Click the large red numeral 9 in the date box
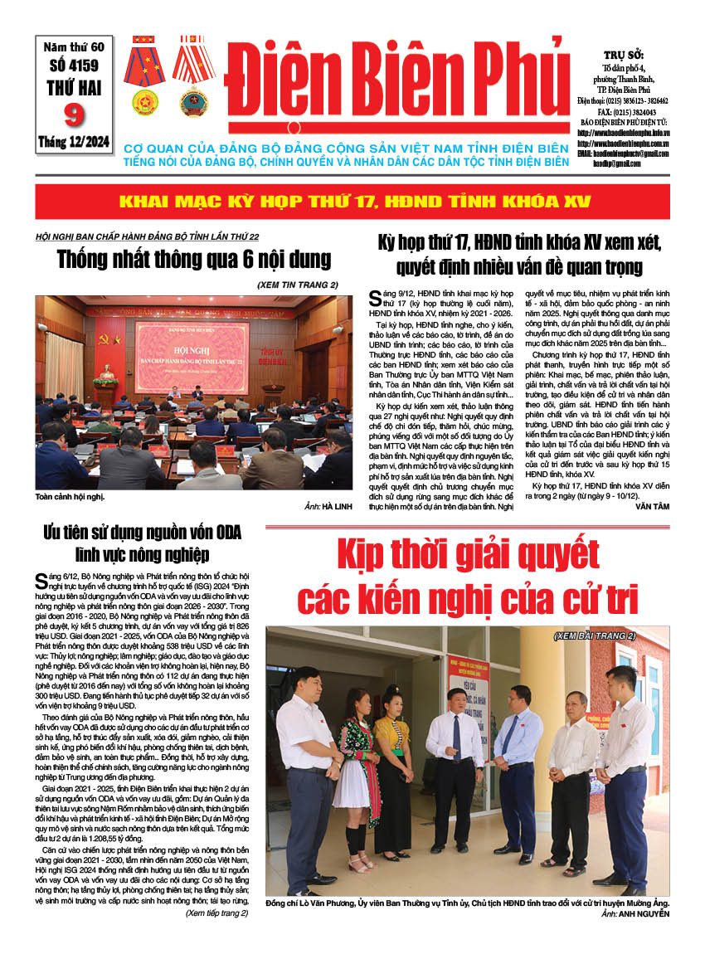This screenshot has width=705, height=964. click(74, 114)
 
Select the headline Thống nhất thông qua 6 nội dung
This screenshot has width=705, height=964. click(194, 259)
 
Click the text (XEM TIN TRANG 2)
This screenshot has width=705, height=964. click(298, 285)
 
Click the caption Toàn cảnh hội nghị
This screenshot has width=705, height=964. click(70, 497)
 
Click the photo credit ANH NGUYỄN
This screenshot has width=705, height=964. click(642, 913)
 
